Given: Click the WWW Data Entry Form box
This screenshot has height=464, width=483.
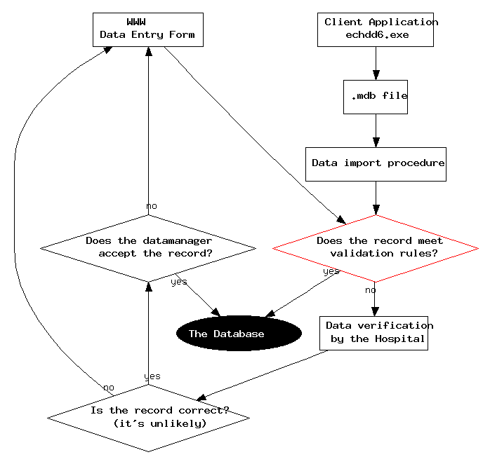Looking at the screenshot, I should coord(148,29).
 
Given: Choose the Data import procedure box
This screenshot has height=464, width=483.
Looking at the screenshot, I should coord(376,163).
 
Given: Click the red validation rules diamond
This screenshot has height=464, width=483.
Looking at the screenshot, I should coord(376,247).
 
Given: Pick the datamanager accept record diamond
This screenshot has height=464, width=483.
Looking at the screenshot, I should coord(148,247).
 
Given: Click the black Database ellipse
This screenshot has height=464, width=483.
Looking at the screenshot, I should coord(239,334).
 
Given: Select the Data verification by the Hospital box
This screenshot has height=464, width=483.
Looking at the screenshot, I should coord(376,333).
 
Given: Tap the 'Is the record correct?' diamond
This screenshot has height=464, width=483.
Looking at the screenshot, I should coord(148,417).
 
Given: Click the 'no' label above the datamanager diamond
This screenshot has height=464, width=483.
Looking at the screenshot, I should coord(152,206).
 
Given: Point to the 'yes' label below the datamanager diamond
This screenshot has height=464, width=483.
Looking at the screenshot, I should coord(179,282).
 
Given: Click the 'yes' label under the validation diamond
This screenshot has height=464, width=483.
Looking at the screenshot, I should coord(331,271).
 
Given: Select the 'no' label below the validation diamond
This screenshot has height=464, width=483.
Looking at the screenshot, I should coord(370,289).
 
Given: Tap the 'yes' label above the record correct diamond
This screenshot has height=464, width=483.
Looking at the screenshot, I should coord(152,376).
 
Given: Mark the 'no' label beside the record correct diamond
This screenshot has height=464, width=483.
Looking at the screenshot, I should coord(108,388).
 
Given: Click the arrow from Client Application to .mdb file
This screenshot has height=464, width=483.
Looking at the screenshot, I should coord(376,64).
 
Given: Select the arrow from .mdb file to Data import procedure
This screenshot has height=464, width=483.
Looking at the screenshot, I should coord(376,130).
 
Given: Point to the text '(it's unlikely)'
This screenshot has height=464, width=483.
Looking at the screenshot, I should coord(160,423).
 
